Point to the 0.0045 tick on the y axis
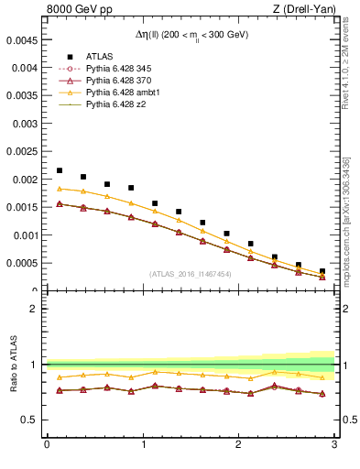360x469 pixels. [24, 40]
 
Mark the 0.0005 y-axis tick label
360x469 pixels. [24, 264]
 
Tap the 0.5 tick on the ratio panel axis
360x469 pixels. [29, 420]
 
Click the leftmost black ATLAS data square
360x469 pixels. [60, 170]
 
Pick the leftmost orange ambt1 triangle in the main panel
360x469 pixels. [60, 189]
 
